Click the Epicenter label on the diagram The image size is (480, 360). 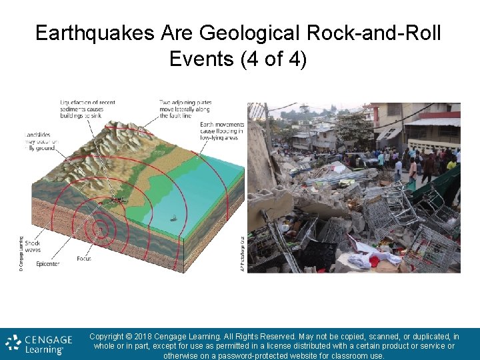pyautogui.click(x=48, y=264)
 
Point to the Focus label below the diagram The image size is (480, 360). pyautogui.click(x=84, y=258)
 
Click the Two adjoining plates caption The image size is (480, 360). pyautogui.click(x=185, y=109)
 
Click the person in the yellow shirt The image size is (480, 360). pyautogui.click(x=451, y=163)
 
